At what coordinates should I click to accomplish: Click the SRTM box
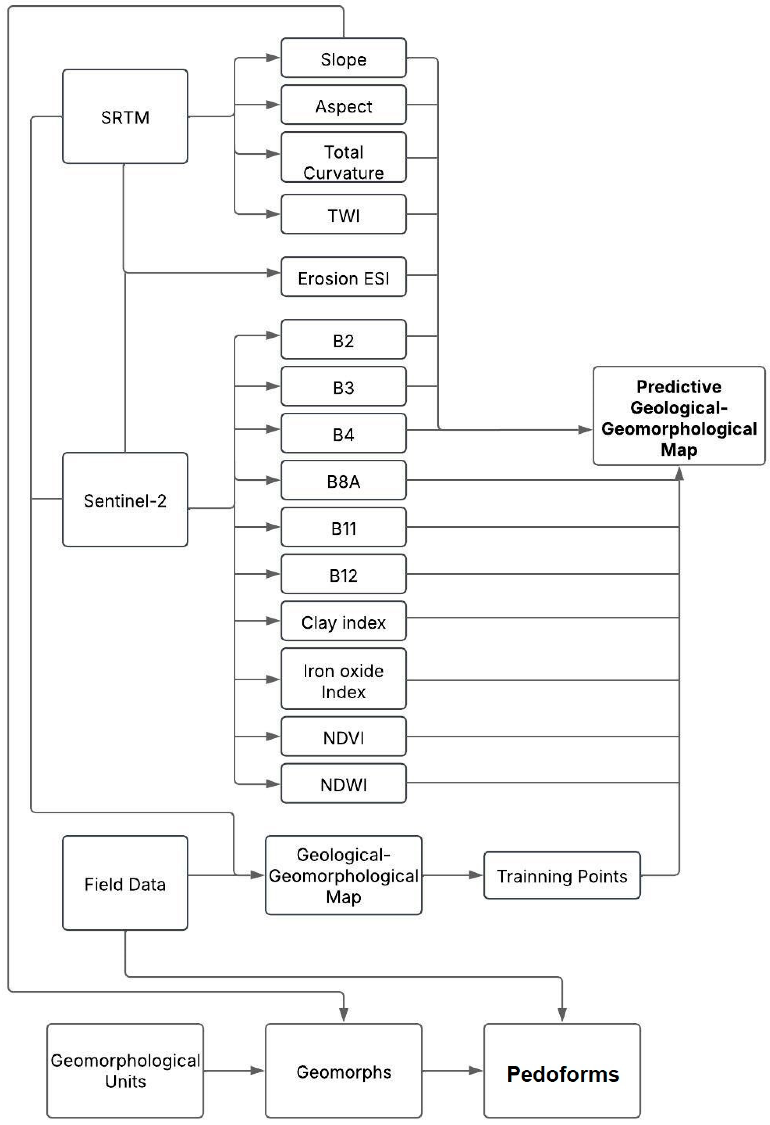[125, 117]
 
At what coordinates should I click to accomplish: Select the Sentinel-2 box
[125, 500]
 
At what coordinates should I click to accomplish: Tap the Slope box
[343, 58]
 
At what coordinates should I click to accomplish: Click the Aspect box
[343, 105]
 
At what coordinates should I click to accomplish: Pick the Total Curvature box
[343, 157]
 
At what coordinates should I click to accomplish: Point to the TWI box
[343, 214]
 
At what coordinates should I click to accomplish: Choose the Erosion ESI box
[343, 277]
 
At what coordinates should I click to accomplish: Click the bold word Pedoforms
[563, 1074]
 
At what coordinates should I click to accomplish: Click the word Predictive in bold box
[679, 386]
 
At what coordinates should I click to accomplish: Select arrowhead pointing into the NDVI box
[273, 736]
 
